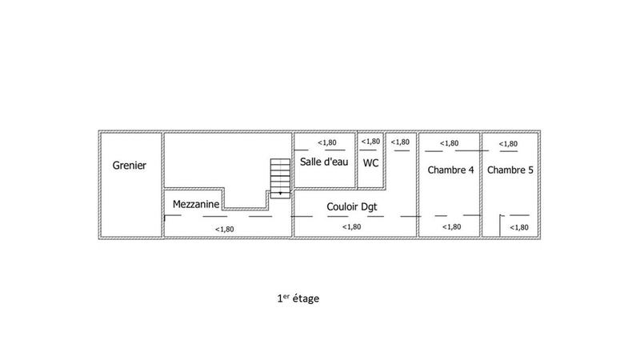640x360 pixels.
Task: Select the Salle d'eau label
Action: [x=323, y=162]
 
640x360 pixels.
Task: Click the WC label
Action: [x=371, y=162]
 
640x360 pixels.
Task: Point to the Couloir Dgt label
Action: [x=352, y=206]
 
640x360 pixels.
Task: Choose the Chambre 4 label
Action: [x=450, y=170]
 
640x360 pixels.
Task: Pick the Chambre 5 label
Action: [x=510, y=170]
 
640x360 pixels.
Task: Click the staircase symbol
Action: [x=280, y=177]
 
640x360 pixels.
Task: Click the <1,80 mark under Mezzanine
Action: [x=225, y=229]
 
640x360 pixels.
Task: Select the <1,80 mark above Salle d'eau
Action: [x=326, y=142]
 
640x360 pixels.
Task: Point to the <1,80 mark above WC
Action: [x=370, y=142]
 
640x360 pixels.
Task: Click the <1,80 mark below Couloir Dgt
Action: [x=351, y=227]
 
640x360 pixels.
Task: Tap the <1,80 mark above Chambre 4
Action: [x=450, y=143]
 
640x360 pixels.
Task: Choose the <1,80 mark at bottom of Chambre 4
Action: [x=452, y=226]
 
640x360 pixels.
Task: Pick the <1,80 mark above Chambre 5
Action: [x=508, y=144]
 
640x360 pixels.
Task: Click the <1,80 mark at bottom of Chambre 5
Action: [x=519, y=228]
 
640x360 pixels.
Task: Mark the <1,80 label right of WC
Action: [x=400, y=142]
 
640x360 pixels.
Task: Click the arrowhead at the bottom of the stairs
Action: [x=280, y=194]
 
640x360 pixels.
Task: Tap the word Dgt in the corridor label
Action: [x=368, y=206]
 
